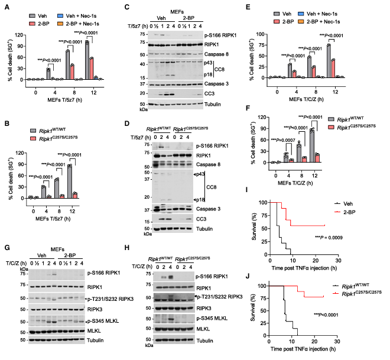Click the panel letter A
[x=4, y=5]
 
